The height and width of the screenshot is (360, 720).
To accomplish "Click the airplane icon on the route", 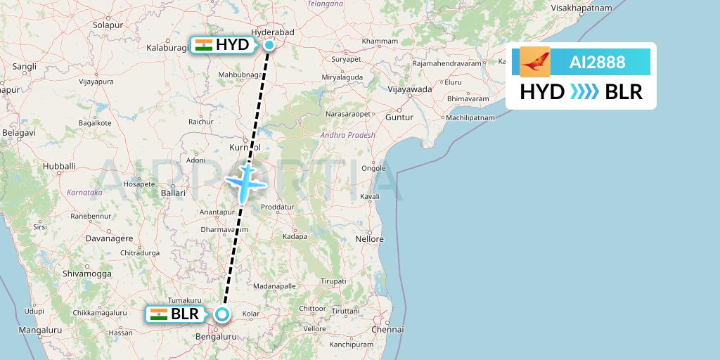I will tap(245, 181).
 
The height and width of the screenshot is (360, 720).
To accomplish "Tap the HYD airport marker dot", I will tap(269, 45).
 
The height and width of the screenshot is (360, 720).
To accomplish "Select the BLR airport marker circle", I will tap(222, 314).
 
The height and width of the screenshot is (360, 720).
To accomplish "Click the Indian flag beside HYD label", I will tap(204, 45).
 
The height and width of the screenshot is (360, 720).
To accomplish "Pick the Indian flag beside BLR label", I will tap(159, 314).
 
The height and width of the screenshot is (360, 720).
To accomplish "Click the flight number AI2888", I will tap(597, 62).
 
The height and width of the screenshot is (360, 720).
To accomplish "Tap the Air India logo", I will tap(535, 62).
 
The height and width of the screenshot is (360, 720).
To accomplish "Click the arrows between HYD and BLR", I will tap(584, 91).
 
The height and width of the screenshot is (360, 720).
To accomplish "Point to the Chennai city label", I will tap(390, 328).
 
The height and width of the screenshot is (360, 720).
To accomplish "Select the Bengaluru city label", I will tap(216, 337).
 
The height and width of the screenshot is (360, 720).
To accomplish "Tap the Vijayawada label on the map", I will tap(411, 89).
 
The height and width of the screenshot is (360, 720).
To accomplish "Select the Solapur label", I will tap(108, 25).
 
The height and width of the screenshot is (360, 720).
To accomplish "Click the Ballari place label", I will tap(173, 192).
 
